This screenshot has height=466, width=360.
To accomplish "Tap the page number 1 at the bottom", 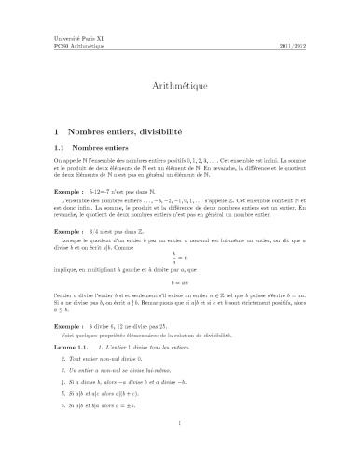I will point(179,448).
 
